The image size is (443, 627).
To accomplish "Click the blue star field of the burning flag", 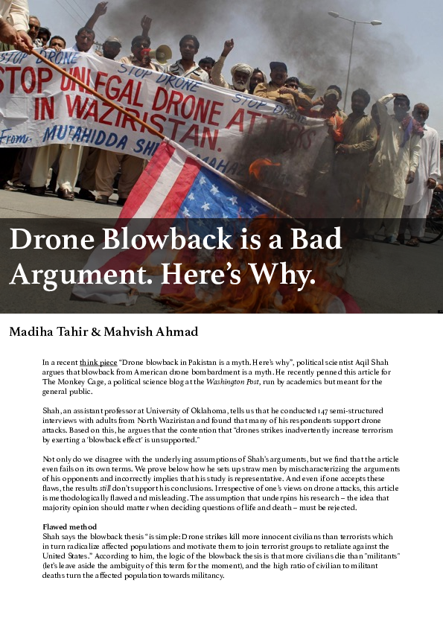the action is tap(197, 197).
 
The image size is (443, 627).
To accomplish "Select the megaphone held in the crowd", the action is tap(162, 53).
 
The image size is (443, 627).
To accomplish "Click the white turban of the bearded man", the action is tap(240, 67).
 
